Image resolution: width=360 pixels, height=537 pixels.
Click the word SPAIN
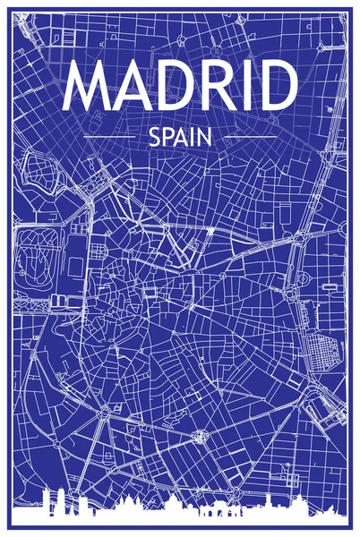180,137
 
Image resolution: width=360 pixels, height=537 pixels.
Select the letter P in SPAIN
167,137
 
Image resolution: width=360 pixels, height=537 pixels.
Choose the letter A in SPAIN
181,137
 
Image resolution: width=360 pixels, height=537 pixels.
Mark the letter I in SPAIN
192,137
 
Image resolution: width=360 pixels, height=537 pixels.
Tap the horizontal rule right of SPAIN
250,137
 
